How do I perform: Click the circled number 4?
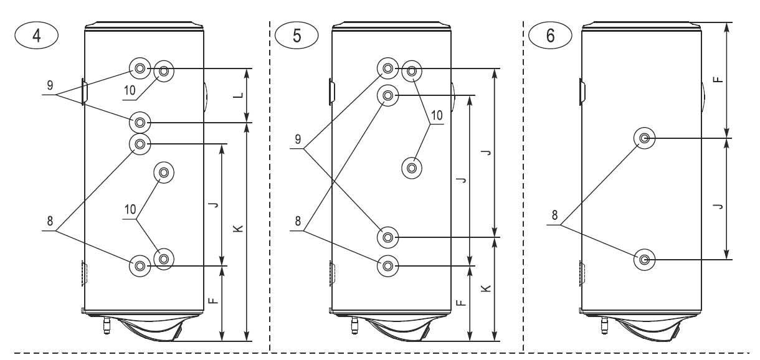pos(37,35)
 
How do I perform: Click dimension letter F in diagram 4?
pos(214,301)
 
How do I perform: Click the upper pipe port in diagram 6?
pos(644,138)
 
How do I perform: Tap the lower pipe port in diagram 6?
pos(644,258)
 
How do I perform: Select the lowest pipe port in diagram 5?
pos(388,265)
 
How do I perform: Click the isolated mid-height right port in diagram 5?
pos(412,167)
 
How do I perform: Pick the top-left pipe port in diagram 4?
pos(140,68)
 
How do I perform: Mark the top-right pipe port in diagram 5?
pos(412,70)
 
